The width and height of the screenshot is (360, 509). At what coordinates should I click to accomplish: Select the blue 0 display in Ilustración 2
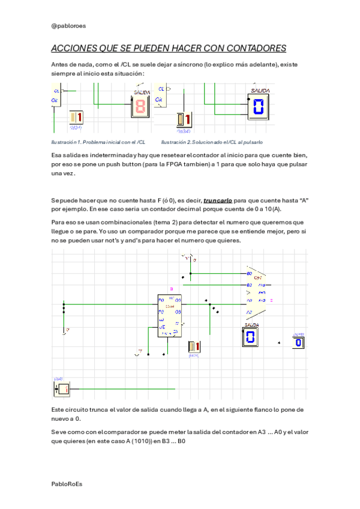tap(258, 107)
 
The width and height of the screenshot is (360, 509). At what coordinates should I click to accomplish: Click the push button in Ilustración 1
tap(76, 118)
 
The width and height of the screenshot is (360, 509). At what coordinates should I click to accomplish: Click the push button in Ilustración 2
tap(184, 119)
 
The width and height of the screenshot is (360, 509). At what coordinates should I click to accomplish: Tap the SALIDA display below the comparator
tap(250, 336)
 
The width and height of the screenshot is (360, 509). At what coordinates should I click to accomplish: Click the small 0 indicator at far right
tap(299, 342)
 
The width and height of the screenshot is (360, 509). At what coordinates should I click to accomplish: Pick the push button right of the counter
tap(194, 347)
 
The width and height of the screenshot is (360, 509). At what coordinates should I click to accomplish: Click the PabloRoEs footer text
tap(67, 483)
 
